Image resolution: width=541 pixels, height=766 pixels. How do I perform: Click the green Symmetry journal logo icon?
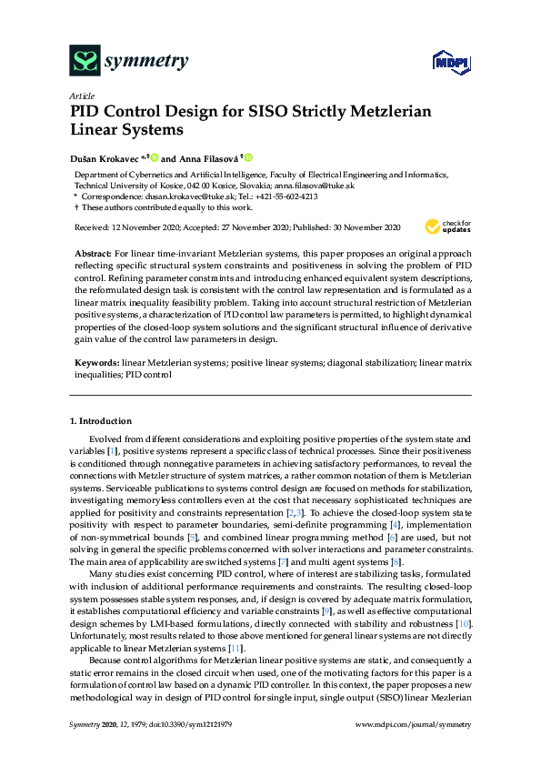(x=85, y=62)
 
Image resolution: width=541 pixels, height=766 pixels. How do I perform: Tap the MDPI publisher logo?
(x=444, y=62)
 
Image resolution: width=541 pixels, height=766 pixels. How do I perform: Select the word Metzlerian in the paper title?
(x=363, y=112)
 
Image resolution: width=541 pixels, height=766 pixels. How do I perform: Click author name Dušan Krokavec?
(x=103, y=158)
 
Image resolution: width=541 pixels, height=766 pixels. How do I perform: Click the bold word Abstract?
(x=94, y=250)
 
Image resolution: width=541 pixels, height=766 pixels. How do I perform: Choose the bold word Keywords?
(x=96, y=363)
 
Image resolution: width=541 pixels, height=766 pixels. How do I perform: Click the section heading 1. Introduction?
(x=100, y=421)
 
